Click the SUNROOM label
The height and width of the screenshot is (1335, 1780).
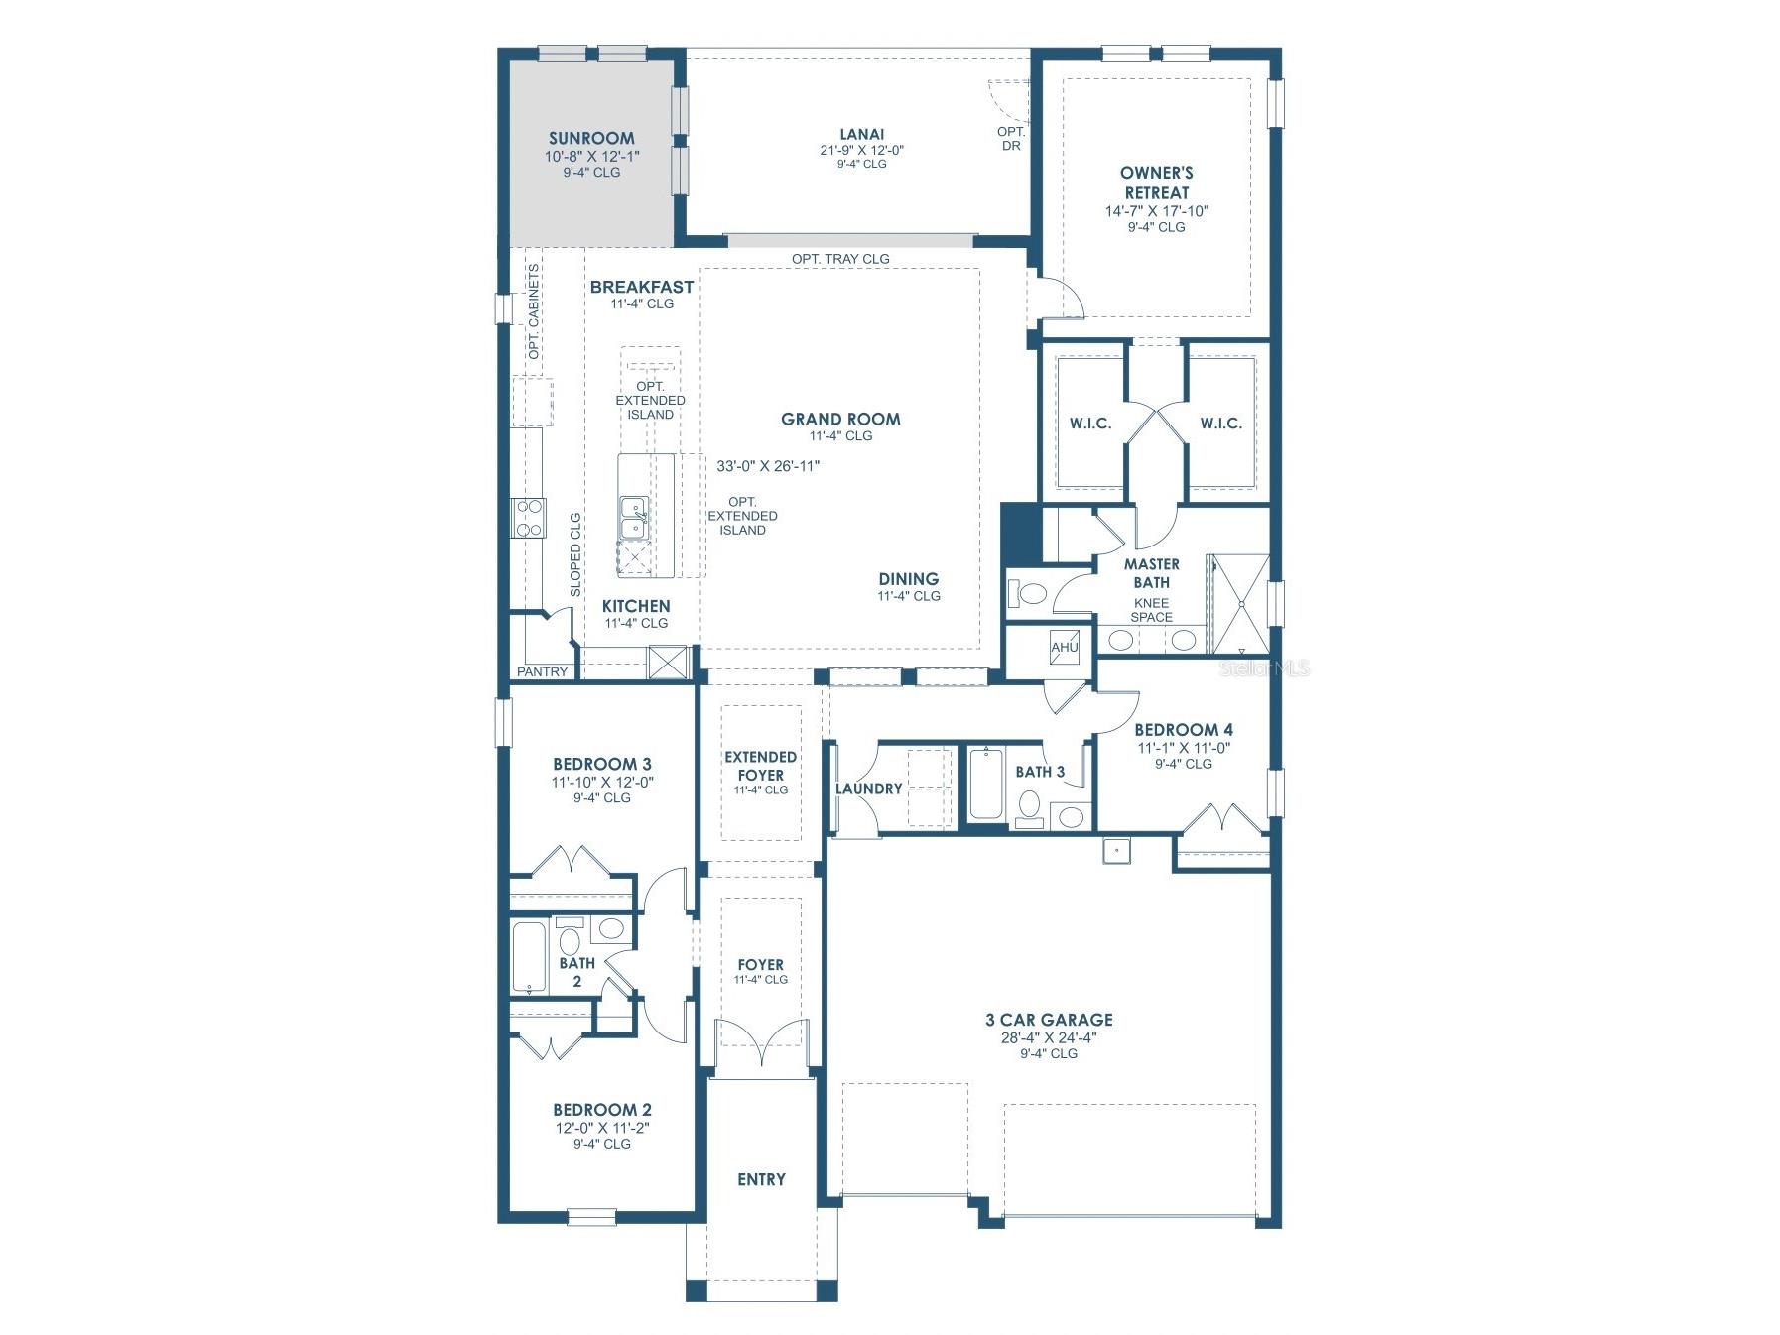[x=591, y=139]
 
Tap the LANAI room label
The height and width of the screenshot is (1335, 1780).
[x=861, y=134]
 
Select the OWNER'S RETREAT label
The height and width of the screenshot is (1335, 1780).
[x=1157, y=182]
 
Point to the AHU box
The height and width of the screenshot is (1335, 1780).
[x=1065, y=647]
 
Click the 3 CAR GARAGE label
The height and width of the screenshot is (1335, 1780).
[x=1049, y=1020]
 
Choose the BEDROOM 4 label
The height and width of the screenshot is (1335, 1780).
[x=1184, y=730]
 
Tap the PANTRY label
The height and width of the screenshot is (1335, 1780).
[x=543, y=672]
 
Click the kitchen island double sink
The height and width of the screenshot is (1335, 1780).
[x=632, y=520]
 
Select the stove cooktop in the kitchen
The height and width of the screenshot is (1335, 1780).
[x=529, y=517]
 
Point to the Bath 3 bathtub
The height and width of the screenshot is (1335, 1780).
[x=985, y=784]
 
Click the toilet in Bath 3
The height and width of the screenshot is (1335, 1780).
[x=1029, y=807]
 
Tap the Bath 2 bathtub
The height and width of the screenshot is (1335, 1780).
[x=528, y=958]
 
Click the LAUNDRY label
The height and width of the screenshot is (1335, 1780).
[x=869, y=789]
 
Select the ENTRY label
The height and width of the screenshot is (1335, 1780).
[x=761, y=1179]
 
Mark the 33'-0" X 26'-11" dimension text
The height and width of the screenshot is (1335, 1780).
[x=768, y=466]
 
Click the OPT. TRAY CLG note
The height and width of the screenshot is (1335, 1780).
[x=840, y=259]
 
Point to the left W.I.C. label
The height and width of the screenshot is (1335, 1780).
[x=1090, y=424]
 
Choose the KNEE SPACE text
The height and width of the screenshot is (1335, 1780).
[x=1152, y=610]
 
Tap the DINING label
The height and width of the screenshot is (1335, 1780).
[x=909, y=579]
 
